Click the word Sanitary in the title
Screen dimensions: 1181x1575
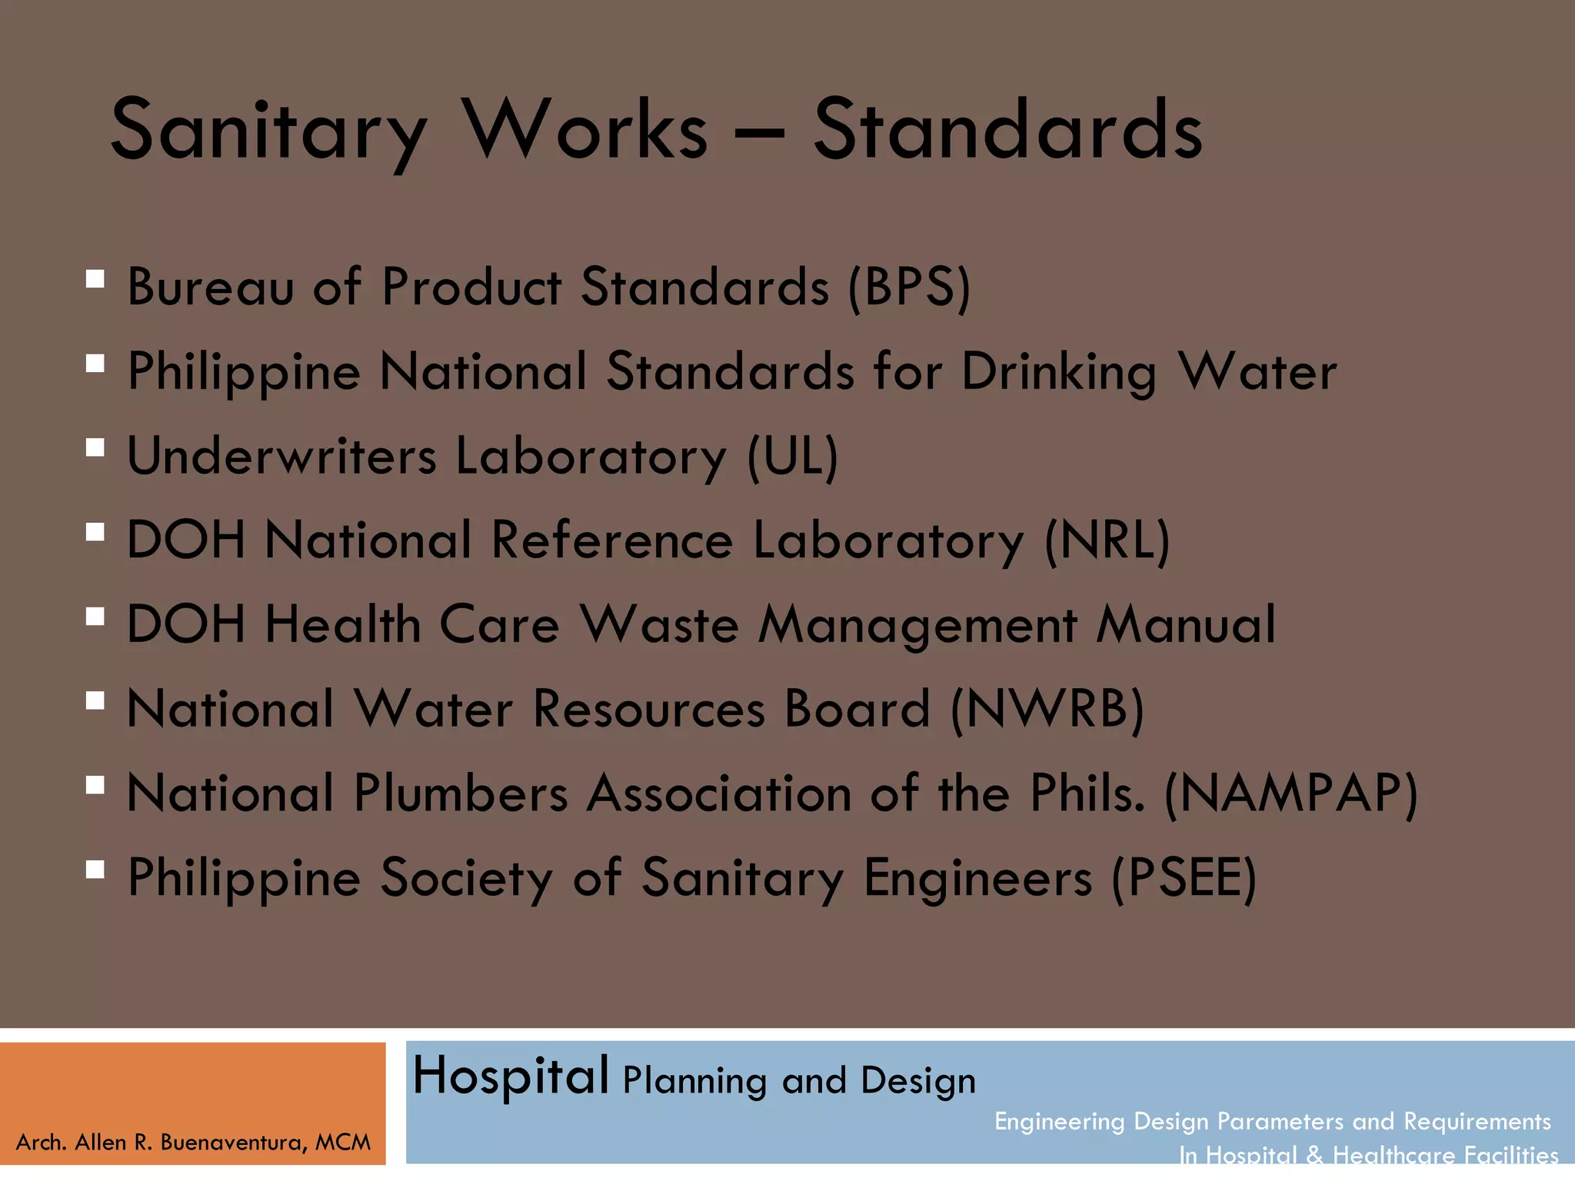coord(268,131)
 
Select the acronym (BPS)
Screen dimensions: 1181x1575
coord(910,288)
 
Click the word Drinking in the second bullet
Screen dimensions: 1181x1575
coord(1059,372)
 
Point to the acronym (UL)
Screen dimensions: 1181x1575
coord(793,457)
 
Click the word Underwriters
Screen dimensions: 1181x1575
coord(281,455)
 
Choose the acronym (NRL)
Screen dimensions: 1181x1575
coord(1107,541)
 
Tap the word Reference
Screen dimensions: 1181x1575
coord(612,540)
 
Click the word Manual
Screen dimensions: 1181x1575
coord(1186,624)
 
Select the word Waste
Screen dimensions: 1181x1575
coord(659,624)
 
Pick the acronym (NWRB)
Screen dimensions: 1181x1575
coord(1047,709)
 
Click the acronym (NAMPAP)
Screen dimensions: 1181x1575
coord(1291,793)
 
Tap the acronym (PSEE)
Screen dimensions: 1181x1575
coord(1184,878)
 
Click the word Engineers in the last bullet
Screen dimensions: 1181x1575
coord(977,878)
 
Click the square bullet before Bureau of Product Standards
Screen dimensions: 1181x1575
coord(95,278)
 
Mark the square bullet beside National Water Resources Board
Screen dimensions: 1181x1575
coord(95,700)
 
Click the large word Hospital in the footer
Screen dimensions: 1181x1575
coord(511,1076)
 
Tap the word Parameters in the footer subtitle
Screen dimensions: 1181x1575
coord(1280,1122)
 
